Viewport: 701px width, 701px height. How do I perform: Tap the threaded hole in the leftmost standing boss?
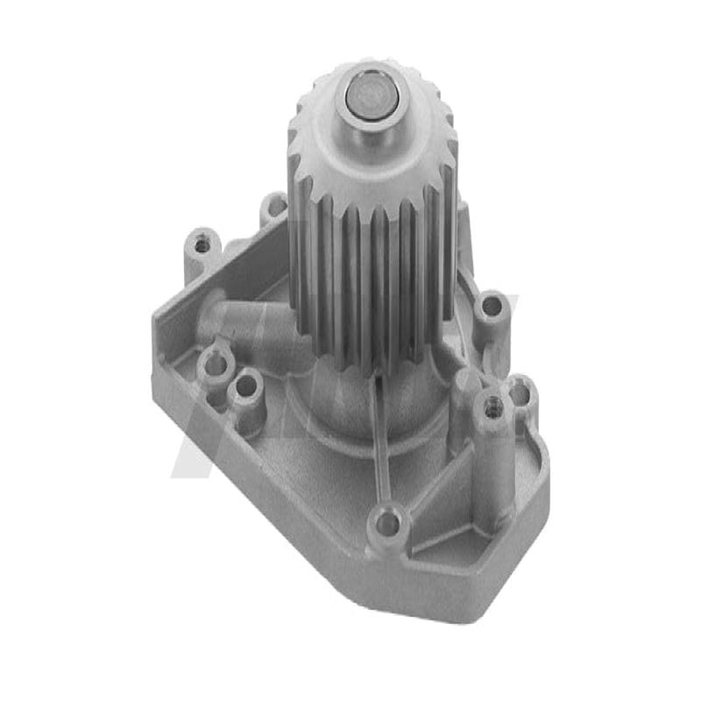[203, 245]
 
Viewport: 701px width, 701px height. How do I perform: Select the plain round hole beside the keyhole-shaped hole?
[246, 386]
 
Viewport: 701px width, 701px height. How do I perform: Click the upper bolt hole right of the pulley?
[492, 307]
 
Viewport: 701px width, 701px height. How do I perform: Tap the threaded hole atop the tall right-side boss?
[492, 406]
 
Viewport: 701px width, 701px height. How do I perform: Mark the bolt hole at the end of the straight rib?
[386, 524]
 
